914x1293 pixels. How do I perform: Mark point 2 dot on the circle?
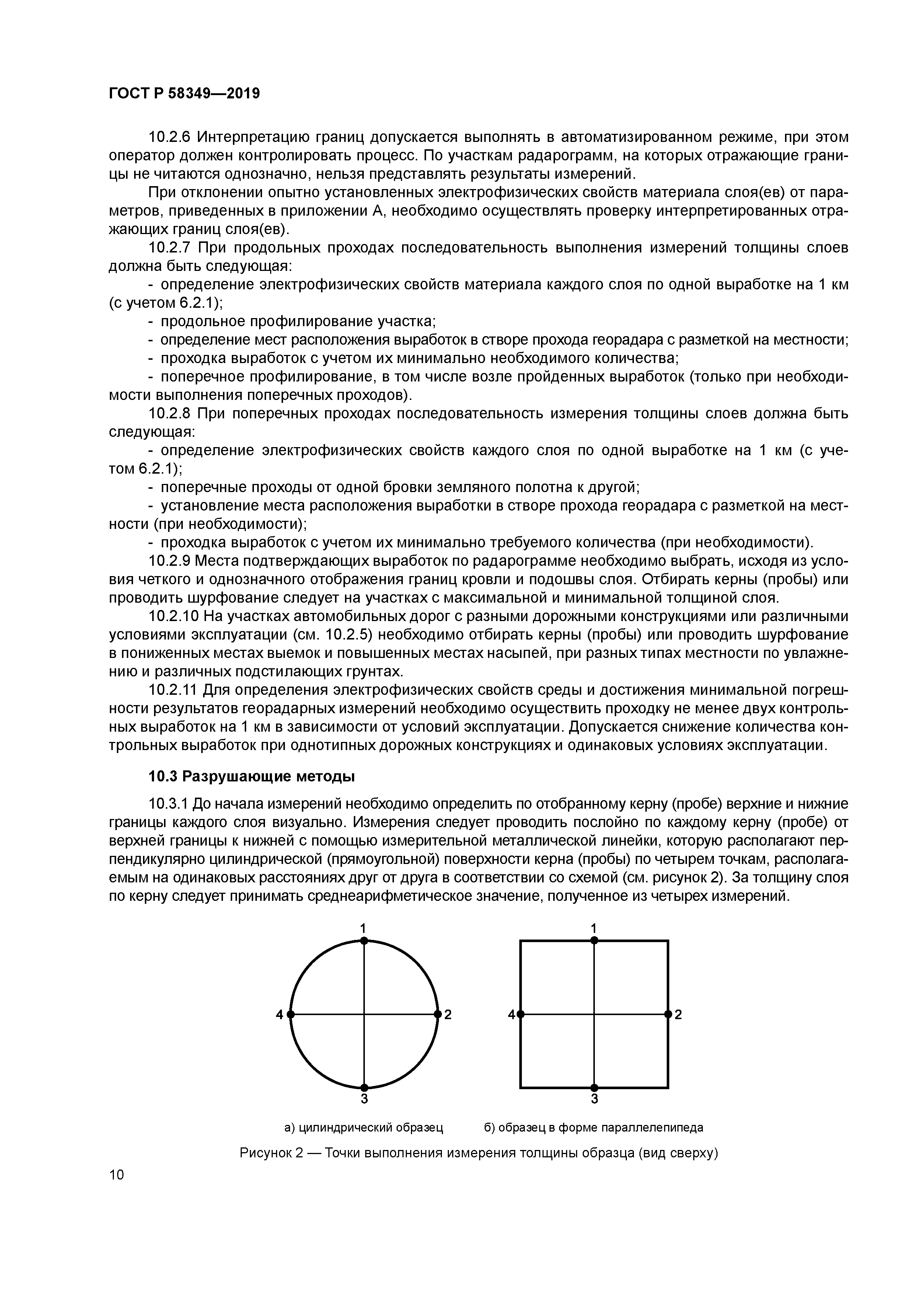(x=437, y=1014)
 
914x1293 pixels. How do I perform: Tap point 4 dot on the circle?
(x=290, y=1014)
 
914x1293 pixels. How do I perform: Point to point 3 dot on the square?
(x=594, y=1087)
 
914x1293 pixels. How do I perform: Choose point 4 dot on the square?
(x=520, y=1014)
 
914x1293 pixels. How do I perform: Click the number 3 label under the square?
(x=594, y=1099)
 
